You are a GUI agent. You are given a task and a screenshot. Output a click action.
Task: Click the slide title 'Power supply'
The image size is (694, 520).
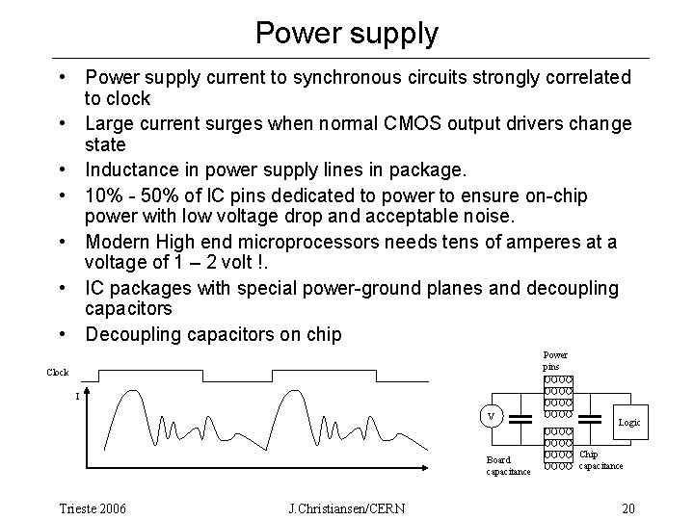347,33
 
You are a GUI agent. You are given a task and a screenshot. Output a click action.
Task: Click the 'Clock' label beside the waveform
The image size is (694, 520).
58,372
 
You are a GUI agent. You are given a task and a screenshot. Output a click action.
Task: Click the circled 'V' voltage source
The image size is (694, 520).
491,416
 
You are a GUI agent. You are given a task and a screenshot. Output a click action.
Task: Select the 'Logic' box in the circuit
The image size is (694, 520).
628,423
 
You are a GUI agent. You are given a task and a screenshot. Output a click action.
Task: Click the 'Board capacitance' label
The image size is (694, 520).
507,466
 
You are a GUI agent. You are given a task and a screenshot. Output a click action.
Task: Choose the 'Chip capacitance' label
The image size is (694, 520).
599,460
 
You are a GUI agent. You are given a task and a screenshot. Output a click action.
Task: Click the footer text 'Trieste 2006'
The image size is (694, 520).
93,507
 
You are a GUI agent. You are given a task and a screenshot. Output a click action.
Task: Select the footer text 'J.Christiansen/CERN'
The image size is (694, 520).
347,507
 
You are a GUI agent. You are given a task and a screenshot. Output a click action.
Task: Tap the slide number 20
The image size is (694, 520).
628,507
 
